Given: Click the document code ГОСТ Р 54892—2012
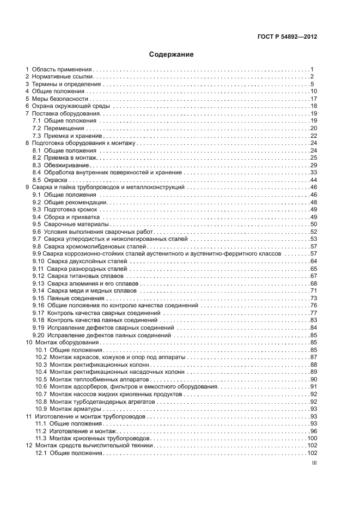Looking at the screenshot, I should [287, 37].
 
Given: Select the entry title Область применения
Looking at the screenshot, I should [62, 70].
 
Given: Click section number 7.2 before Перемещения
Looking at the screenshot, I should [37, 129].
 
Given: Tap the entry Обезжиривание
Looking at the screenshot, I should [64, 165].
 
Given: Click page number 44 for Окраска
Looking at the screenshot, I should [313, 180].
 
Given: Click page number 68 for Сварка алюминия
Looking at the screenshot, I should [313, 283].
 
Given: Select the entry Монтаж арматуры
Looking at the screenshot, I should [76, 409].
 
